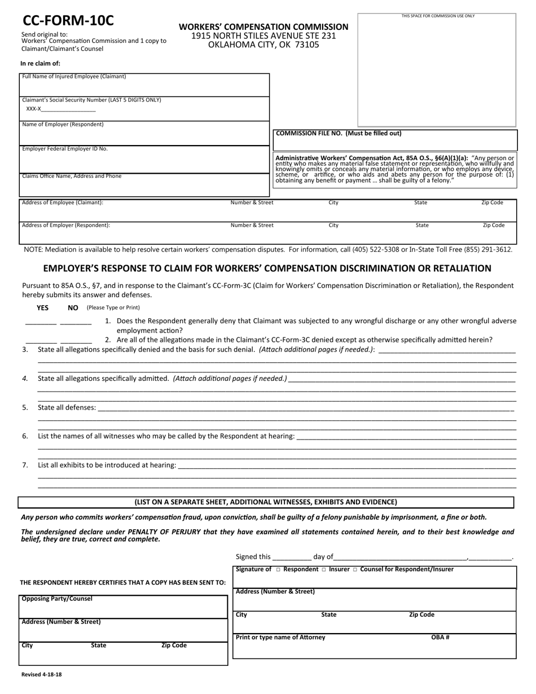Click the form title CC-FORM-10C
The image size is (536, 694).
68,21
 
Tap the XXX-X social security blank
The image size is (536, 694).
68,109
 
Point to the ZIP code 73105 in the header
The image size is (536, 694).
306,45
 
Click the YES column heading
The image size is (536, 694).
42,308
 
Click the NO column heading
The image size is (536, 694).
73,308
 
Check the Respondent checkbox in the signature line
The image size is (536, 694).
278,570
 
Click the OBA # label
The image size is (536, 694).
440,638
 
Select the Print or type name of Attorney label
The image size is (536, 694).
280,638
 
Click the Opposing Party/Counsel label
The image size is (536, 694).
57,599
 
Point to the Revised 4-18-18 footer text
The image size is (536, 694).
42,674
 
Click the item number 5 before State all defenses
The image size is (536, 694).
25,407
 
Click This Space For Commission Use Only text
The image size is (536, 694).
438,16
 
